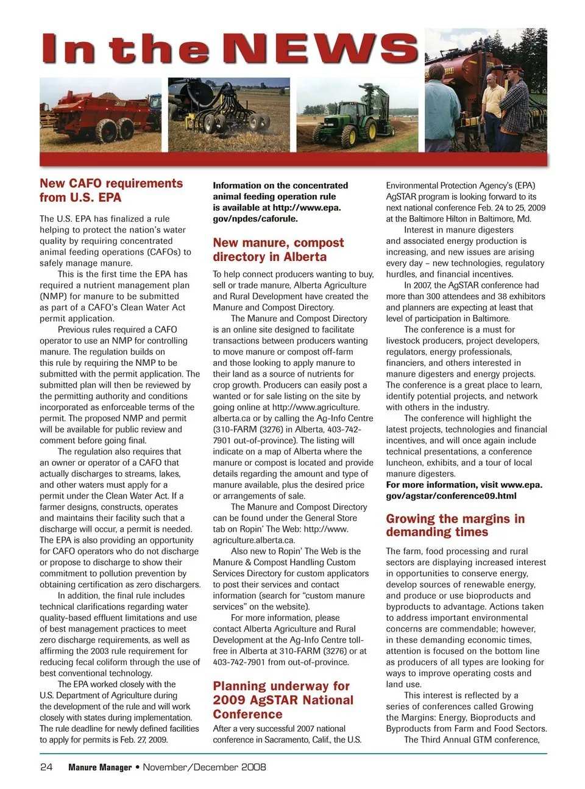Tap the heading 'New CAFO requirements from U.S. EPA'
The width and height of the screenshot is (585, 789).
[x=111, y=190]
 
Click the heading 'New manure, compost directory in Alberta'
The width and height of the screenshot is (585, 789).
[x=278, y=249]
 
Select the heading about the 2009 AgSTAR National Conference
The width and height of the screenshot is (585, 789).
[x=283, y=700]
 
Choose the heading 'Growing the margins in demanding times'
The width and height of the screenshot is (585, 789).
[x=455, y=525]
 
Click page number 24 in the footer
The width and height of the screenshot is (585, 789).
[x=46, y=767]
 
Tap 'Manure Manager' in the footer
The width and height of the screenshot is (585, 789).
[x=100, y=767]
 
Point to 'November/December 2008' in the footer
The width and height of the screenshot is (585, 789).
[x=204, y=767]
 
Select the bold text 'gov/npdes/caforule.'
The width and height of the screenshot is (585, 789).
[x=255, y=218]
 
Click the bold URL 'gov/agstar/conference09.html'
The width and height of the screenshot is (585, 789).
[x=451, y=496]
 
